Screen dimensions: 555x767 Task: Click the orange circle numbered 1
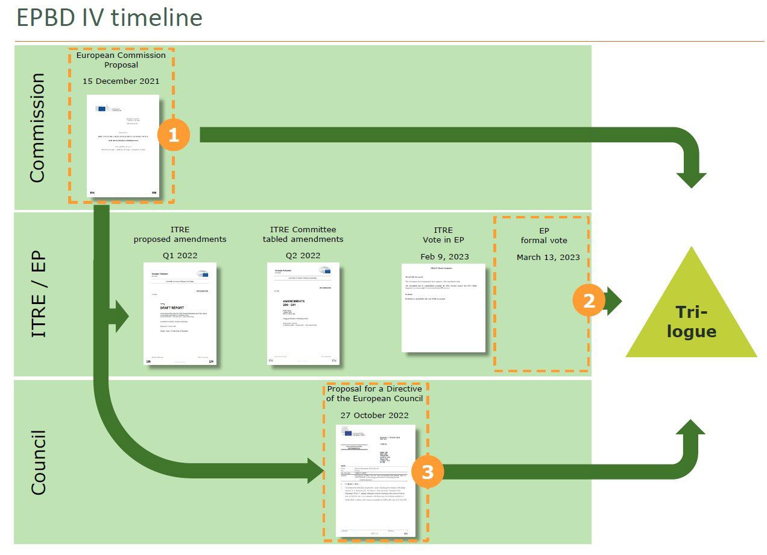click(174, 136)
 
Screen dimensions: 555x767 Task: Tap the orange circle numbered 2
click(589, 300)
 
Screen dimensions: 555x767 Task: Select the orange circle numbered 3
click(428, 472)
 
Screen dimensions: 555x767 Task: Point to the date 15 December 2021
click(121, 80)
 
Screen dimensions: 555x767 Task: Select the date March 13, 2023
click(548, 257)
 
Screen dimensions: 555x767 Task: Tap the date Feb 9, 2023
click(443, 256)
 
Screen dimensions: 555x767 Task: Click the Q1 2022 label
click(180, 255)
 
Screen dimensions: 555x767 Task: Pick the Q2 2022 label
click(303, 255)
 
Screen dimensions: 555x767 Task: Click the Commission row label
click(37, 127)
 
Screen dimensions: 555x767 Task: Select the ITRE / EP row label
click(37, 294)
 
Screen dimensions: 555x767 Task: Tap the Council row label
click(37, 462)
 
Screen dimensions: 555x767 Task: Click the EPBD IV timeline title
click(109, 18)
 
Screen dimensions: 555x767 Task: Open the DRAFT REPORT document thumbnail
click(180, 314)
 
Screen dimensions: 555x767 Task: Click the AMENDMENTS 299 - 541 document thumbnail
click(303, 313)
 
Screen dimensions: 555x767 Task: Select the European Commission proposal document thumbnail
click(123, 146)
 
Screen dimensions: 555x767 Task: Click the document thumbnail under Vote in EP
click(443, 308)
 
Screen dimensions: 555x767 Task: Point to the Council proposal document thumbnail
click(376, 481)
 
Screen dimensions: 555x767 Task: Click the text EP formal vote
click(543, 235)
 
